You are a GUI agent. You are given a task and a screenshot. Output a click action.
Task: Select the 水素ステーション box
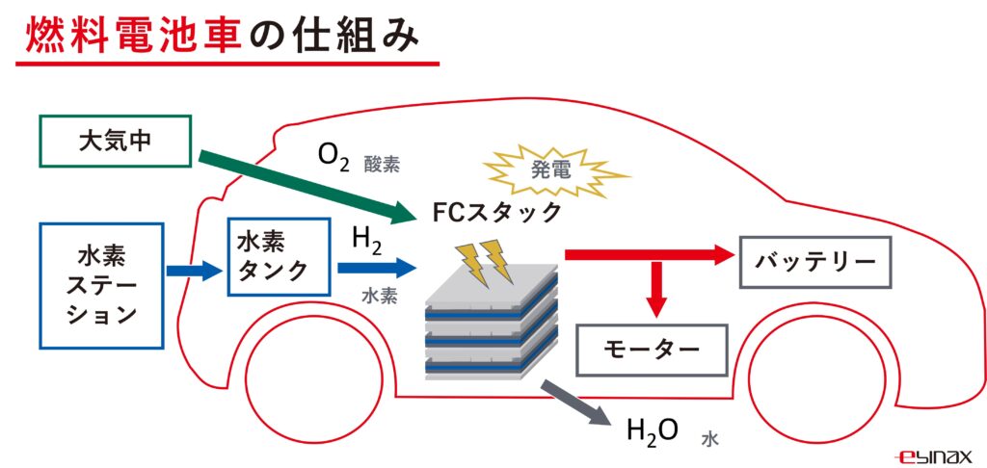[101, 285]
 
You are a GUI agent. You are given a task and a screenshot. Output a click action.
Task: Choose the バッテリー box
[814, 261]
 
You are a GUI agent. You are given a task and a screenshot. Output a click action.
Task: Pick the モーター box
[651, 348]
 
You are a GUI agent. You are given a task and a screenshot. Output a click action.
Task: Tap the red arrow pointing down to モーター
[656, 289]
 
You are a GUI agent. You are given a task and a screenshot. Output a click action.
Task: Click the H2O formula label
[653, 429]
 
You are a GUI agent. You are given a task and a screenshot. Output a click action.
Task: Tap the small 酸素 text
[382, 165]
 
